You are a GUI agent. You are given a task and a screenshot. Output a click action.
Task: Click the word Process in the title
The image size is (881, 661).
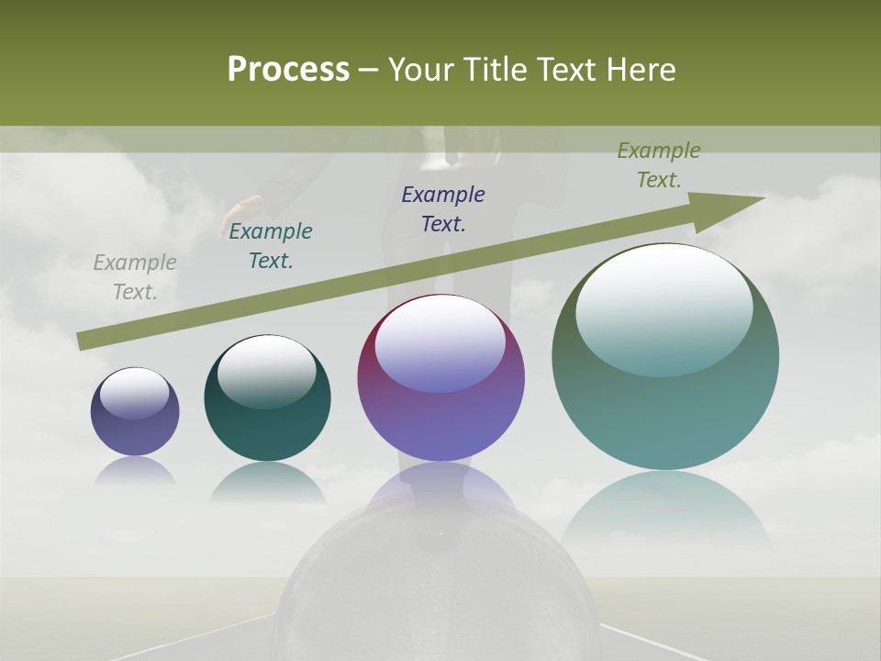288,70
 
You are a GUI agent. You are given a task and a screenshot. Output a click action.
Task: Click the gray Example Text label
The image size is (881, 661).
135,277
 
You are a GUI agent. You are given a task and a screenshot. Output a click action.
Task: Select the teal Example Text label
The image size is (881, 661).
271,246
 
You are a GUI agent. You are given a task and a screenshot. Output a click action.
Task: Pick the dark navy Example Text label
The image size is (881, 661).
443,209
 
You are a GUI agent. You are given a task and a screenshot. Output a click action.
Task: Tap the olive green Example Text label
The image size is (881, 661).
659,165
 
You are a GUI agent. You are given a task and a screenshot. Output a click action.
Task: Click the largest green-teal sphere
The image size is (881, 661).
665,413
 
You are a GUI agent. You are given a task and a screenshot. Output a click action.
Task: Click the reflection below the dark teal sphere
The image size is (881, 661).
267,482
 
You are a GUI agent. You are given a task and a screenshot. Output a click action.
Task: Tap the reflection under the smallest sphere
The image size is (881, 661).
135,471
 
